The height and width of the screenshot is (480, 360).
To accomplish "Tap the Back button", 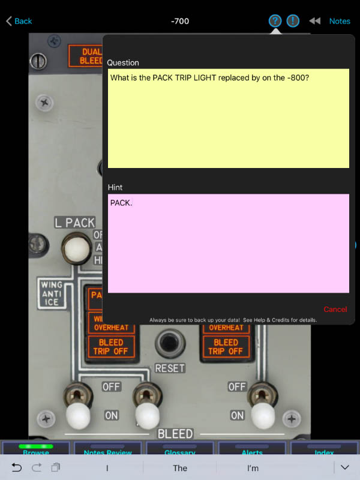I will point(19,21).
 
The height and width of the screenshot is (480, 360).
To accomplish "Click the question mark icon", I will point(275,21).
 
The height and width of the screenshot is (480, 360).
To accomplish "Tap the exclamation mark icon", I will point(293,21).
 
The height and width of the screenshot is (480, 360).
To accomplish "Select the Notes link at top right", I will point(340,21).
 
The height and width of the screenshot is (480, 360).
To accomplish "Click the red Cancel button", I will point(335,310).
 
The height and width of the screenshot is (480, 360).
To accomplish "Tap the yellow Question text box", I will point(228,118).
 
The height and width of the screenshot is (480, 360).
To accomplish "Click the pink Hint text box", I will point(228,243).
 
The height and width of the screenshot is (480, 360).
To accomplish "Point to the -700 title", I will point(180,21).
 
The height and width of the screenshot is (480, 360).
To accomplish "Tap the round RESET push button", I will point(170,344).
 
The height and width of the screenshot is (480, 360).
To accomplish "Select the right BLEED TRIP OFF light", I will point(226,346).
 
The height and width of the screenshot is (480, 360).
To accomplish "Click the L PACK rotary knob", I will point(76,248).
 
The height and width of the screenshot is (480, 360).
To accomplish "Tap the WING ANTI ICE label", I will point(52,293).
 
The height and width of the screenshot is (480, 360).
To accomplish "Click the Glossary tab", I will point(180,451).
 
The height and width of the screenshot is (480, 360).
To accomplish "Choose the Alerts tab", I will point(252,451).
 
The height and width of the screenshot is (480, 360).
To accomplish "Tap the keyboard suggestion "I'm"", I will point(253,468).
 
